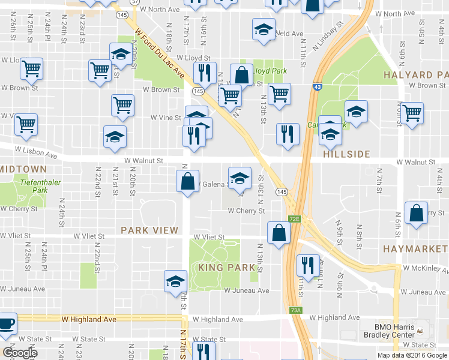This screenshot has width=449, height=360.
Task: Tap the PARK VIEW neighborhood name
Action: click(149, 230)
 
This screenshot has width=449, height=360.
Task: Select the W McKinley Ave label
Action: click(426, 268)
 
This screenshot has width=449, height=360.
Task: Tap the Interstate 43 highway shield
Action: click(316, 88)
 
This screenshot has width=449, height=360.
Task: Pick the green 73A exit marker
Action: click(295, 310)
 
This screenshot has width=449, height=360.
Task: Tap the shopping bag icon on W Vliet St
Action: click(279, 234)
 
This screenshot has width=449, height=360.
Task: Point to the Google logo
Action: click(20, 353)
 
